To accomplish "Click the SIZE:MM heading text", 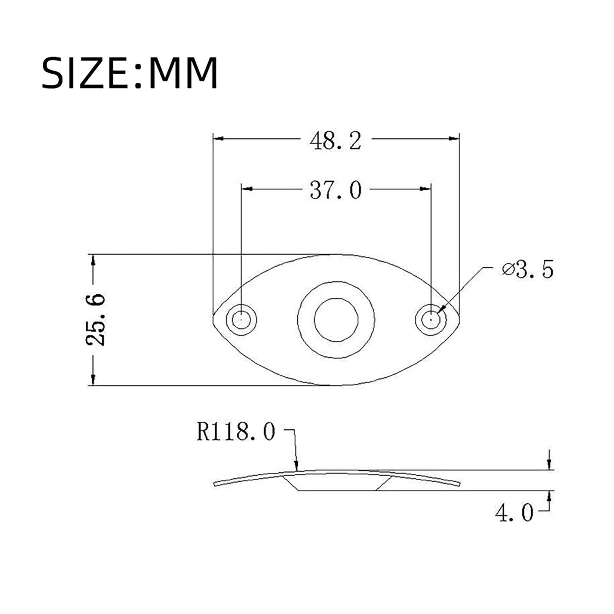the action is pos(130,73).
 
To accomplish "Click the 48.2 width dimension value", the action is pos(336,141).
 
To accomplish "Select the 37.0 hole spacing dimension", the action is pos(336,190).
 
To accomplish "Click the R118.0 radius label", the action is pos(236,432).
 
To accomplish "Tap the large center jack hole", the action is pos(336,320).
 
